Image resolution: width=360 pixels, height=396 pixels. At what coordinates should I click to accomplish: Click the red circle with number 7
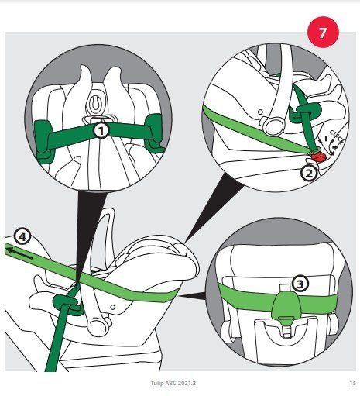[x=323, y=33]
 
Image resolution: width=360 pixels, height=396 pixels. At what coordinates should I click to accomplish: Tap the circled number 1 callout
[x=101, y=131]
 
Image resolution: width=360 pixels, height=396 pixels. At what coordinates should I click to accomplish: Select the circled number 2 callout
[x=309, y=173]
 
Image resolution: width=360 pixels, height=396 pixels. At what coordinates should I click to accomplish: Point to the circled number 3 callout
[x=300, y=284]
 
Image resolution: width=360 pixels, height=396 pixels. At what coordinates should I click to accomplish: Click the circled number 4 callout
[x=22, y=236]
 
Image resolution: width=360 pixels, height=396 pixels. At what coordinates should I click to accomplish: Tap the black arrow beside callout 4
[x=19, y=253]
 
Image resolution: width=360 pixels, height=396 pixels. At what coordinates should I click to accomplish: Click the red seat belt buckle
[x=318, y=156]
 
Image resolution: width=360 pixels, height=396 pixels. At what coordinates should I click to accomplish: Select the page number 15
[x=352, y=383]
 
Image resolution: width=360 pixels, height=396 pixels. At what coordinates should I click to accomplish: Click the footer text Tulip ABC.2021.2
[x=173, y=383]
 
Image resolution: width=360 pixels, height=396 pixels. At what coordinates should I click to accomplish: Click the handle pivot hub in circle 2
[x=273, y=126]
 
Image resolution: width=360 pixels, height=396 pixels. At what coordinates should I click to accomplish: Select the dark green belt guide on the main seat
[x=67, y=304]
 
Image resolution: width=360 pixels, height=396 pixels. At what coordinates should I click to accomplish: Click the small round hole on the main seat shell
[x=112, y=308]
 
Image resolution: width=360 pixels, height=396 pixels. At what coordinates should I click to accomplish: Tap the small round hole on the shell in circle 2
[x=260, y=112]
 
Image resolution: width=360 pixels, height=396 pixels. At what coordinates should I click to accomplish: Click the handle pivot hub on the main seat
[x=98, y=327]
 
